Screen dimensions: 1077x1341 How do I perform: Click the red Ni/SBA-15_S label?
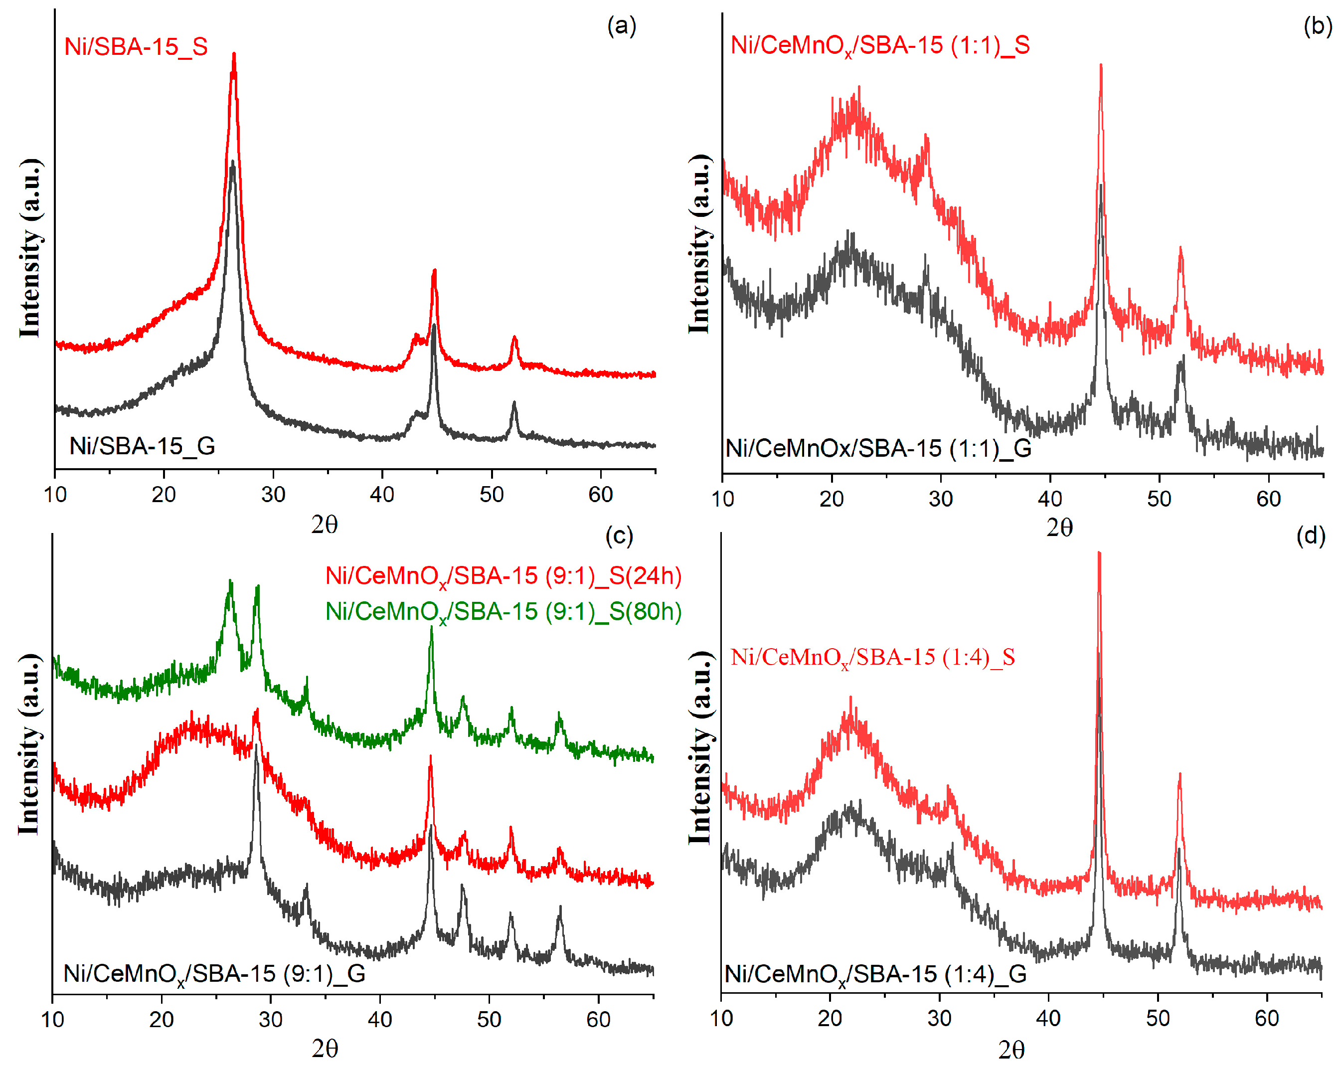click(x=136, y=47)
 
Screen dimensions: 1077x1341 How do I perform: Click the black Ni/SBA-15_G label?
click(x=142, y=446)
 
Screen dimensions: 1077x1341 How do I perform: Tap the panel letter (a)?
click(x=621, y=26)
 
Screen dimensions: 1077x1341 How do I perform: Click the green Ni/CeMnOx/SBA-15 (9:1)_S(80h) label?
click(x=503, y=612)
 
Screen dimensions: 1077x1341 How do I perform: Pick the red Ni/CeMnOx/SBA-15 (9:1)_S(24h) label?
click(x=503, y=576)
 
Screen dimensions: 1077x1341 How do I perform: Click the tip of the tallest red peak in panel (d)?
click(x=1099, y=553)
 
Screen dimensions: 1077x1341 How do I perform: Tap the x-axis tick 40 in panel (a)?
click(x=382, y=495)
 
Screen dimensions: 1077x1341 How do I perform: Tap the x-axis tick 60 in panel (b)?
click(x=1268, y=499)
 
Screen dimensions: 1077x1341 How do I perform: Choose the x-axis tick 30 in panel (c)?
click(x=271, y=1020)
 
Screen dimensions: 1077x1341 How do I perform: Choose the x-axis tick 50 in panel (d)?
click(x=1158, y=1019)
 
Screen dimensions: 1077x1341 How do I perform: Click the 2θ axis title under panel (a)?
click(x=324, y=525)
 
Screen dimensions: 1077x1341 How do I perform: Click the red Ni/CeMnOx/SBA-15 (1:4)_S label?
click(x=872, y=658)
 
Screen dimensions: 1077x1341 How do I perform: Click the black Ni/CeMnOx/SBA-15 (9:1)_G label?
click(x=214, y=974)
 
